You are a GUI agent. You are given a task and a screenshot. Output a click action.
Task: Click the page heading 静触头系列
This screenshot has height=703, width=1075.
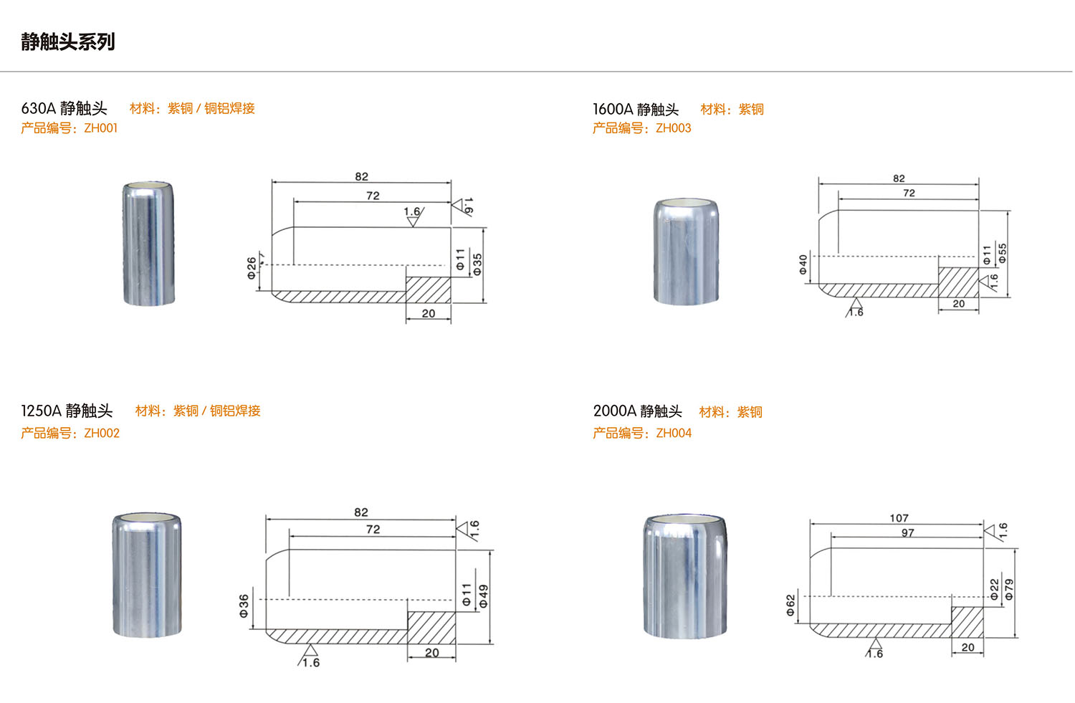[67, 42]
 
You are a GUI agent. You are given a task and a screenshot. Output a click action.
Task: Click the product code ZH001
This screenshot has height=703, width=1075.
[101, 128]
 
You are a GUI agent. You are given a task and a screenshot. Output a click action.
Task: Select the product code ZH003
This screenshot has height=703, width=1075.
[674, 128]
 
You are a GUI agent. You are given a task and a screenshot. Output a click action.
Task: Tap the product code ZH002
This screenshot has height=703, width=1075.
[102, 433]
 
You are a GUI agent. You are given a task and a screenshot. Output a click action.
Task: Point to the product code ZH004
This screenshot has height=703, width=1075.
[674, 433]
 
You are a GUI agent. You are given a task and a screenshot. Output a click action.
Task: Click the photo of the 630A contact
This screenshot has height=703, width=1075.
[148, 243]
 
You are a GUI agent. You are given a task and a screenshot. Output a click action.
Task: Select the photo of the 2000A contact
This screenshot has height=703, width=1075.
[685, 576]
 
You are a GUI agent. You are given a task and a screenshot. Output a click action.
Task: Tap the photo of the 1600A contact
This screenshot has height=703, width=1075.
[687, 251]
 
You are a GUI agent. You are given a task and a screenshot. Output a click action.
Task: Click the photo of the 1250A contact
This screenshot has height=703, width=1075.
[147, 575]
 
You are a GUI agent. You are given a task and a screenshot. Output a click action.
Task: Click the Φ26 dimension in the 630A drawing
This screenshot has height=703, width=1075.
[252, 268]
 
